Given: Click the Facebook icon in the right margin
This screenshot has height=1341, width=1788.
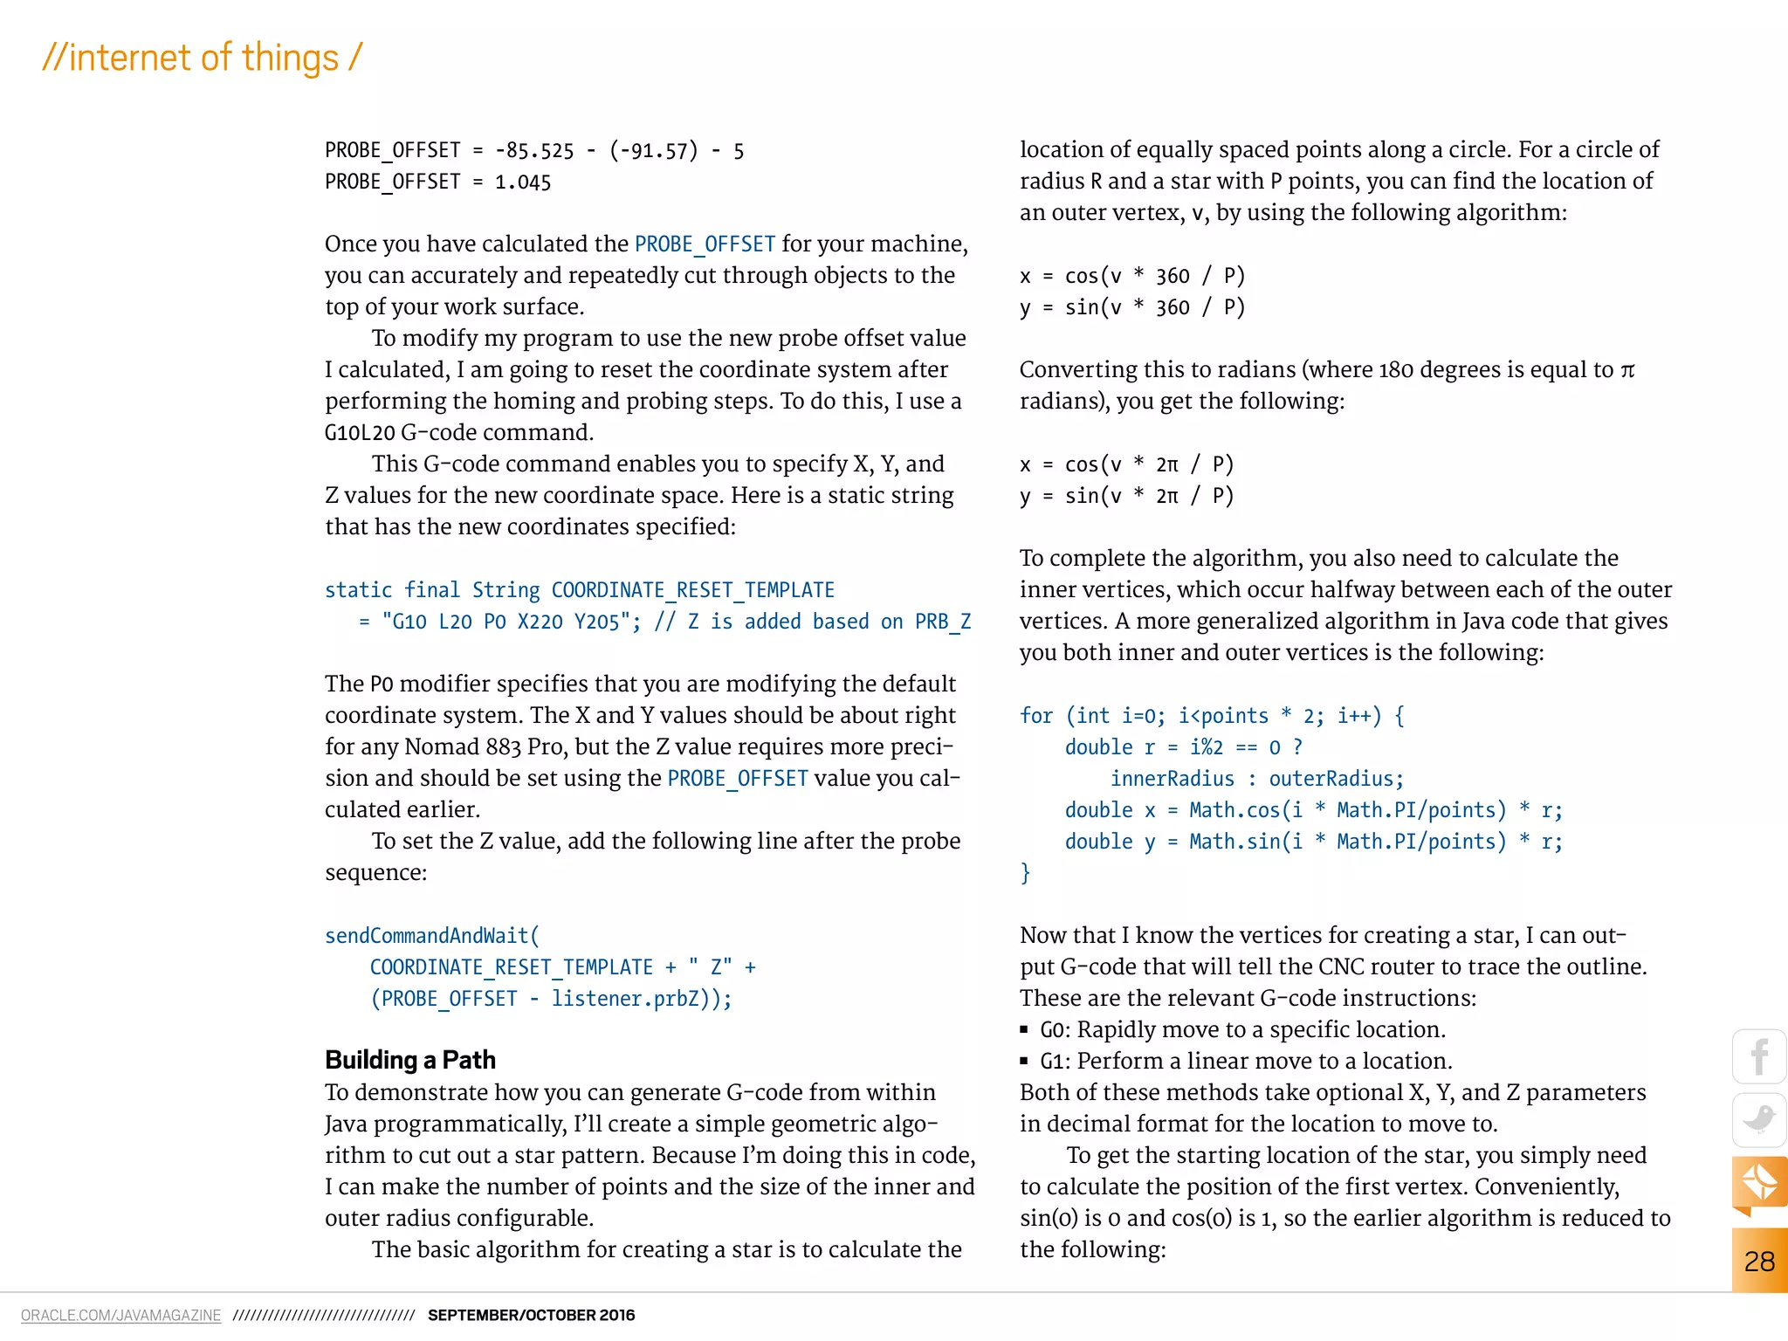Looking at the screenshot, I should [x=1759, y=1057].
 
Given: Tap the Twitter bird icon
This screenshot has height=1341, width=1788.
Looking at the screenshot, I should [x=1759, y=1119].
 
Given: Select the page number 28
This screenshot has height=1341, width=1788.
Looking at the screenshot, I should [x=1759, y=1261].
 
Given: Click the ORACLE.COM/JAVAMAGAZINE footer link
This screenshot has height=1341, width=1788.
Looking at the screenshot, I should [x=120, y=1315].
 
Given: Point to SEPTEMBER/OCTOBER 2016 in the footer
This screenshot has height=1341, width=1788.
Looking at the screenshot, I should [x=531, y=1315].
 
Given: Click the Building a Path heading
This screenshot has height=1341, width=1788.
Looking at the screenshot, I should [x=410, y=1060].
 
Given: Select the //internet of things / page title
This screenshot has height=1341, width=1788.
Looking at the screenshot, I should [x=202, y=58].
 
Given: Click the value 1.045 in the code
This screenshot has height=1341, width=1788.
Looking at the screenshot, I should [x=523, y=182].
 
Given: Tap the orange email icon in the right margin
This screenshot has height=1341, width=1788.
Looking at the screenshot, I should [x=1759, y=1182].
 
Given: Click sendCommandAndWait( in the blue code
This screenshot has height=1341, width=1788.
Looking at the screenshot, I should [x=432, y=936].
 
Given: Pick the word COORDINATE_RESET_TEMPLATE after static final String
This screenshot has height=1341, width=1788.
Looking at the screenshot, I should [x=692, y=590].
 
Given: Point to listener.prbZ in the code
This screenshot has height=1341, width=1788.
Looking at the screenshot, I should [x=625, y=999].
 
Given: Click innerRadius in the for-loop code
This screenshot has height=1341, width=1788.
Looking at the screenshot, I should [x=1172, y=779].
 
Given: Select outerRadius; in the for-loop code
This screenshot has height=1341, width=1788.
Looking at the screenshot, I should [x=1336, y=779].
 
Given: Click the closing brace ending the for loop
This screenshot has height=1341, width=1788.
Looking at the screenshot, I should [x=1026, y=872].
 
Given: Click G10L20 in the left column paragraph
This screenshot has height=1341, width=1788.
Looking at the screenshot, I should [x=360, y=433].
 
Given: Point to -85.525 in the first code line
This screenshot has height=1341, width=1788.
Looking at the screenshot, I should [x=534, y=151].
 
